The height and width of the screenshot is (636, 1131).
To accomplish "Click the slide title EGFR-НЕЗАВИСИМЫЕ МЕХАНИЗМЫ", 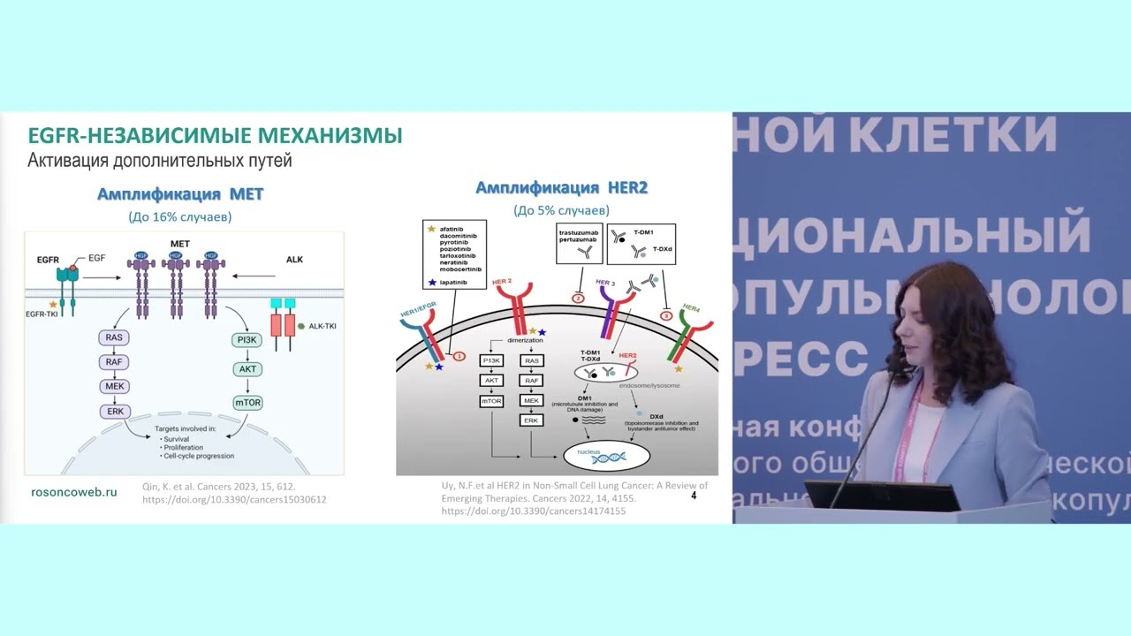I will coord(215,136).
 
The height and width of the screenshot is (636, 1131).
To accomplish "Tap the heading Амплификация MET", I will coord(180,194).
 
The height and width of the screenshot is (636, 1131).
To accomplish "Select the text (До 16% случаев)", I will coord(180,216).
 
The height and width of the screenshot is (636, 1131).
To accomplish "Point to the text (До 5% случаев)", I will coord(561,210).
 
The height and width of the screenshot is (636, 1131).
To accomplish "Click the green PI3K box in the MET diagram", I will coord(247,339).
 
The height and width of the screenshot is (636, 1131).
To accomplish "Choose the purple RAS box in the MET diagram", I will coord(115,337).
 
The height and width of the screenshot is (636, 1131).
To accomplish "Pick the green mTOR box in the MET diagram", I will coord(247,403).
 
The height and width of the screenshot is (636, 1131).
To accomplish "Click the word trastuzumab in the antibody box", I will coord(580,231).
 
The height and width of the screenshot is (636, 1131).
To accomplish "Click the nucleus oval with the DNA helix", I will coord(606,455).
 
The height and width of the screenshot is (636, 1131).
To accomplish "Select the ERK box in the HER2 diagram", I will coord(531,420).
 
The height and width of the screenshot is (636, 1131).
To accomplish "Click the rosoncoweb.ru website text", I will coord(74,492).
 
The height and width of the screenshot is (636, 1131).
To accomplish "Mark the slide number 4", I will coord(694,496).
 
